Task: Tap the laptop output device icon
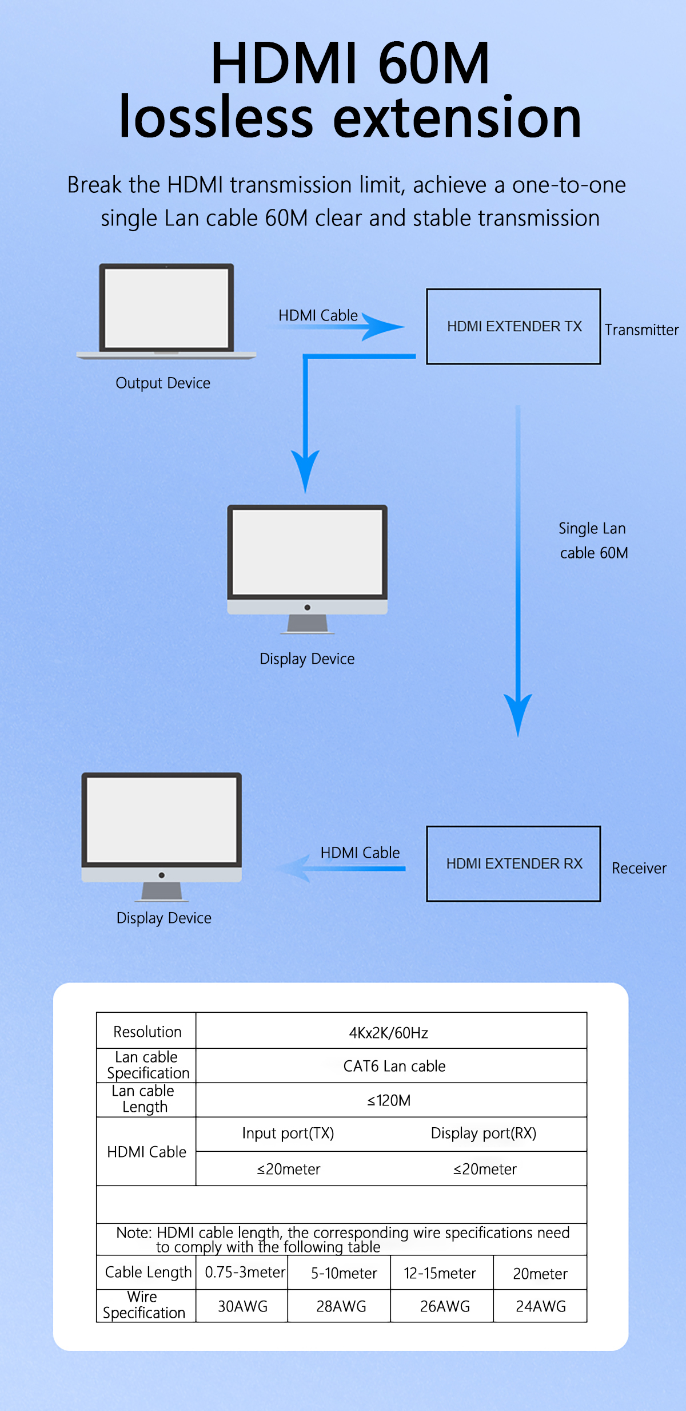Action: (166, 311)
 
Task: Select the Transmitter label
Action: (642, 330)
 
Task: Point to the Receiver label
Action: (639, 869)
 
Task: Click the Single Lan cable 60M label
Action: (593, 541)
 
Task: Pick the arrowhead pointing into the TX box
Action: (383, 327)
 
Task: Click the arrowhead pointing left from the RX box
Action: (295, 869)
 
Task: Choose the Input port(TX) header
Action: (288, 1133)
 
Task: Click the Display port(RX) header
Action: (484, 1133)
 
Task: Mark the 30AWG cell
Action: (243, 1306)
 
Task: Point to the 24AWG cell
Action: (541, 1306)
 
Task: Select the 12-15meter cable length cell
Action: (440, 1273)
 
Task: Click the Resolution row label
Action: (147, 1032)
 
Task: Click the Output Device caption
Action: (163, 383)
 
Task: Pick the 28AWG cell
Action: (341, 1306)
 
